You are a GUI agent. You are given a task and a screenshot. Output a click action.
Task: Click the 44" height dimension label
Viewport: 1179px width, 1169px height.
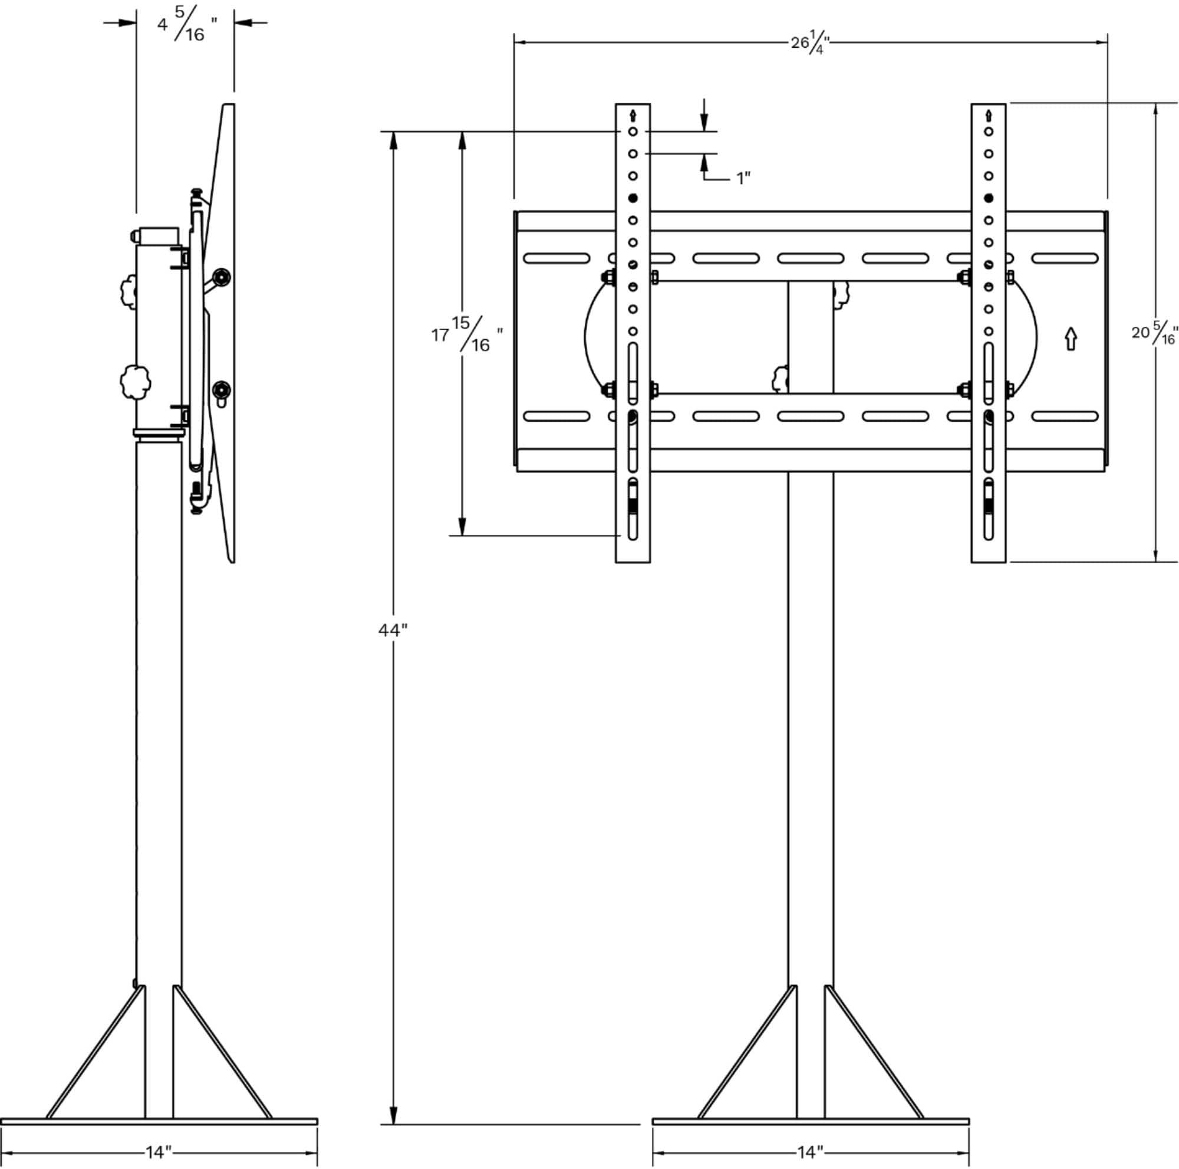[393, 630]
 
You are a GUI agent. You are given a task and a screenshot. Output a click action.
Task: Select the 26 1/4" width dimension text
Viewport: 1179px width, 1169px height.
[811, 43]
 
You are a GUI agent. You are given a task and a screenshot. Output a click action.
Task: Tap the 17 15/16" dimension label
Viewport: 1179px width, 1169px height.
[467, 334]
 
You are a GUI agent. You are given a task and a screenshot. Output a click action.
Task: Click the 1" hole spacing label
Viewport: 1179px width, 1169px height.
[742, 178]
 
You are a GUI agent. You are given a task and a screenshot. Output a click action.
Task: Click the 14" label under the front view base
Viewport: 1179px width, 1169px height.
[810, 1152]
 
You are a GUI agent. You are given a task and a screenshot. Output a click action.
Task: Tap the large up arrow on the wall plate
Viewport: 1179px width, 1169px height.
[1071, 339]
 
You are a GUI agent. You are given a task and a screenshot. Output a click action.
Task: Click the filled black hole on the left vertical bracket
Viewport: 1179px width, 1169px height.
[633, 198]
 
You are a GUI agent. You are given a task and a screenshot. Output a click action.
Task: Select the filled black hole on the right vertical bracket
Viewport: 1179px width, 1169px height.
[989, 198]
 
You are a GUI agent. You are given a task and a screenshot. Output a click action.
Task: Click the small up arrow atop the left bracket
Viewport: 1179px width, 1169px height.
[633, 115]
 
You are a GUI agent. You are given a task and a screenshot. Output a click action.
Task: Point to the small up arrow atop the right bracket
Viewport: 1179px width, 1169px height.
[989, 115]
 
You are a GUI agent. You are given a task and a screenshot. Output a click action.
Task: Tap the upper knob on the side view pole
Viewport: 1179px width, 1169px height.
[129, 291]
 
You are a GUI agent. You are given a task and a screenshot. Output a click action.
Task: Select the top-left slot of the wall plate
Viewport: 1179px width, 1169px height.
[556, 258]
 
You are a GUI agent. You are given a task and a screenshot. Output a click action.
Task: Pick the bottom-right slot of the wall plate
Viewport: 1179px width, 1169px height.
[1065, 416]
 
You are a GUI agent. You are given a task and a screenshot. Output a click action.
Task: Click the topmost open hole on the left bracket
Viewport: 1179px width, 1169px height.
[633, 132]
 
